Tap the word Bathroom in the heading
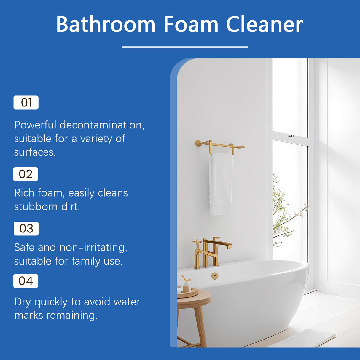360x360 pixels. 106,24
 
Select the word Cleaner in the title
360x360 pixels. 264,24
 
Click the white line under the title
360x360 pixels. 185,47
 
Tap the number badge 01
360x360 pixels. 26,103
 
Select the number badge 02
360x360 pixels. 26,174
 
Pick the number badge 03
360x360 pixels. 26,229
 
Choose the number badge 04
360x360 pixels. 26,281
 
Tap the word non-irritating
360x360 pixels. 93,247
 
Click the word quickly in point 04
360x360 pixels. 51,302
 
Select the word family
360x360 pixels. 86,261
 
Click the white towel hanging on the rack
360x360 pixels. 221,184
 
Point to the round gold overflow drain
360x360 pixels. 215,276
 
